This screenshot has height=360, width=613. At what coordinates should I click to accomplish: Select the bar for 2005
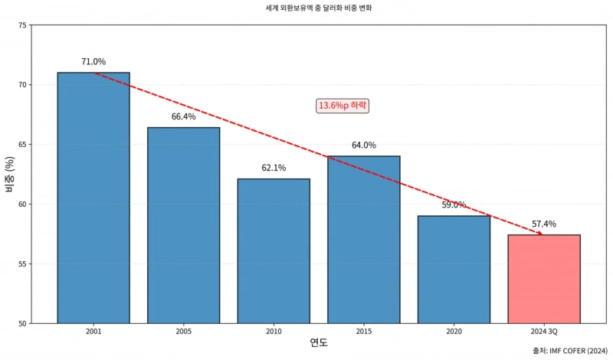183,225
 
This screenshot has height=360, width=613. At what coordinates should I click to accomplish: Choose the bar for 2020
454,269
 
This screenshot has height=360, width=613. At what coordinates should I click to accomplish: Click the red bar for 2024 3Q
544,279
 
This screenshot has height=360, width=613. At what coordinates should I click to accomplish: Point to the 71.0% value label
93,61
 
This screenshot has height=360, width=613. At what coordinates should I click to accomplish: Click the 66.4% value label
183,116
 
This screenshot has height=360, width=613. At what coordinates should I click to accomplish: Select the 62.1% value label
274,168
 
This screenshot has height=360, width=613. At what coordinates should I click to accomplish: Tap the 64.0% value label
364,145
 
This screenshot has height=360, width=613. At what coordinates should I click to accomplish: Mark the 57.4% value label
544,224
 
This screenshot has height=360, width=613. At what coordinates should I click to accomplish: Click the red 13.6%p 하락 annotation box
343,105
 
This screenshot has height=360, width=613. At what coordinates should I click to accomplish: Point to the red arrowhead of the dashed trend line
539,233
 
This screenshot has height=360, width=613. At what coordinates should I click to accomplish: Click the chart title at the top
306,8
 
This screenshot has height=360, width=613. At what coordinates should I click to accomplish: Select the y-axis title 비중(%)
10,174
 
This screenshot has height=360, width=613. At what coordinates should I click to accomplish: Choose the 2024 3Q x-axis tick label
544,332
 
